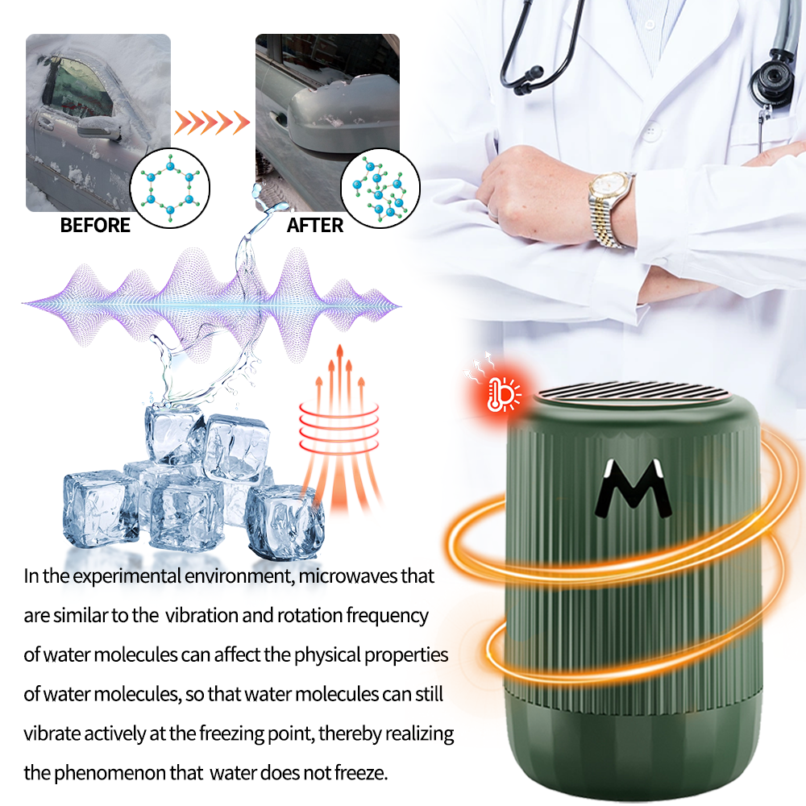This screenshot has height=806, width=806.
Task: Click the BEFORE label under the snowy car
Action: [x=95, y=225]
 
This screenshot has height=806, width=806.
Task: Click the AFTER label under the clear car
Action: [x=315, y=225]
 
